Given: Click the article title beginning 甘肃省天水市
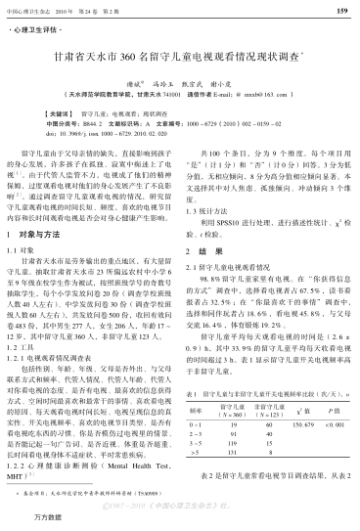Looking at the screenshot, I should coord(180,59).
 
